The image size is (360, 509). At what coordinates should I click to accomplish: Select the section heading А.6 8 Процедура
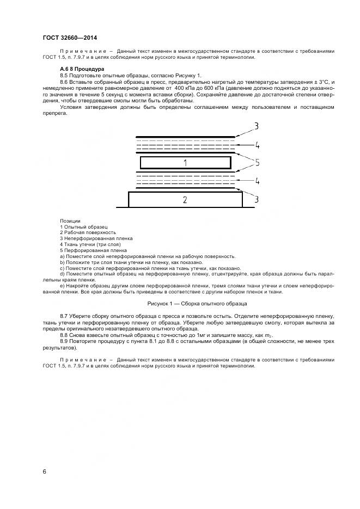[78, 70]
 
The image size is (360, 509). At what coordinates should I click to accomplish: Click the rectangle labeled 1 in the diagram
[185, 163]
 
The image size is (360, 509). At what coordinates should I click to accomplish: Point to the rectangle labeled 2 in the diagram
[185, 200]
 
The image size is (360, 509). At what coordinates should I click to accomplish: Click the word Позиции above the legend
[70, 220]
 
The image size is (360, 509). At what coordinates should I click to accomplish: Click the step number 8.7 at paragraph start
[64, 316]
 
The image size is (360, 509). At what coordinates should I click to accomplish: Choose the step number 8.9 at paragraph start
[64, 340]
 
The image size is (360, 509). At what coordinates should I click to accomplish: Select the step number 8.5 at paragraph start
[64, 75]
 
